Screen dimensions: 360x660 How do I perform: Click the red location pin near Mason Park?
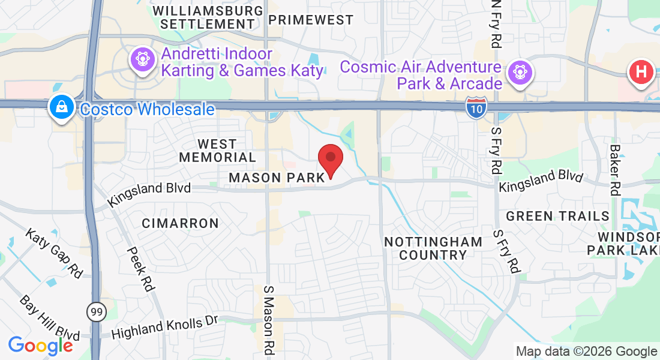click(x=330, y=160)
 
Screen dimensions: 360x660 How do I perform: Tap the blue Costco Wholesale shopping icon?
click(x=62, y=108)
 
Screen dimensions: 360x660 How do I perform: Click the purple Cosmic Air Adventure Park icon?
click(x=520, y=73)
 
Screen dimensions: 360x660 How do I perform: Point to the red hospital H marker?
click(x=641, y=73)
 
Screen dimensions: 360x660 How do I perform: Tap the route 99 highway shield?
click(x=95, y=311)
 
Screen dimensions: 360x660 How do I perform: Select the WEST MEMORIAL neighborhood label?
click(x=217, y=151)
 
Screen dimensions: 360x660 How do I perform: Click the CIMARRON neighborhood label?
click(x=180, y=223)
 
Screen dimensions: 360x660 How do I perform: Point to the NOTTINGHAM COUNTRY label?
click(x=433, y=248)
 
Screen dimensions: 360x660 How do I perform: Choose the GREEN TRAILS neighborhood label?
click(x=557, y=216)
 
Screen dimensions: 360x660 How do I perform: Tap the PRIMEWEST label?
click(x=311, y=20)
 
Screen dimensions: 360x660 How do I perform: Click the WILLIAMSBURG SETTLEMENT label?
click(x=208, y=17)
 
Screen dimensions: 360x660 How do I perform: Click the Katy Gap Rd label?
click(x=54, y=252)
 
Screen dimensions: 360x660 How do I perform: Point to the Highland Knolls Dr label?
click(x=164, y=326)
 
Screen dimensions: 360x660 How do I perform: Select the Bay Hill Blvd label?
click(x=49, y=317)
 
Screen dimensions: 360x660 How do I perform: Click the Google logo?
click(x=40, y=346)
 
